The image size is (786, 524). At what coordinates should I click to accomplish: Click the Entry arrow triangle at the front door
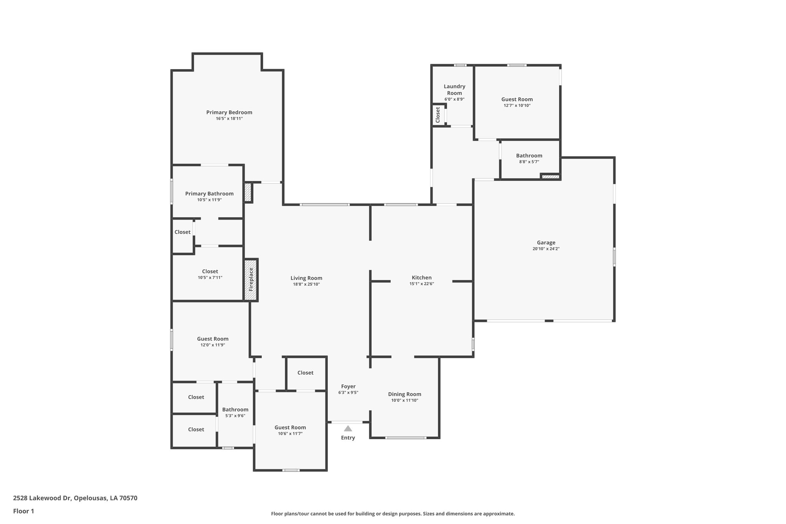[x=348, y=428]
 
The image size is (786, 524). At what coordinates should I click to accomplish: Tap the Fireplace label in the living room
[x=251, y=279]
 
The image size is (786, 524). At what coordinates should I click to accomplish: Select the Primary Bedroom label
[x=229, y=112]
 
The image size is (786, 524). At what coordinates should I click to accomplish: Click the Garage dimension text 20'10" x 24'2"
[x=546, y=249]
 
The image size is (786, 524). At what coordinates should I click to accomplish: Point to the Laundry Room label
[x=454, y=90]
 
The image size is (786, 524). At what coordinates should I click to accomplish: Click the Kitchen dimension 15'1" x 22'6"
[x=421, y=284]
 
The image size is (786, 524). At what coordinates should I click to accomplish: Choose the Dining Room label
[x=405, y=394]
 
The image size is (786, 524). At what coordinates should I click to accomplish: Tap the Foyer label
[x=348, y=387]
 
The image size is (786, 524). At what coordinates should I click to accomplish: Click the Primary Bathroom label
[x=209, y=194]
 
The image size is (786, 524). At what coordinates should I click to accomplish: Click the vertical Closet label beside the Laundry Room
[x=438, y=114]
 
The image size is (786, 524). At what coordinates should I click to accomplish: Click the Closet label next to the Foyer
[x=305, y=373]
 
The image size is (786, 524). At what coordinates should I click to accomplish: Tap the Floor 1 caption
[x=23, y=511]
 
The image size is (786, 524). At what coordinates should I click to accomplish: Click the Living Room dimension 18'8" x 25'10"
[x=306, y=284]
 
